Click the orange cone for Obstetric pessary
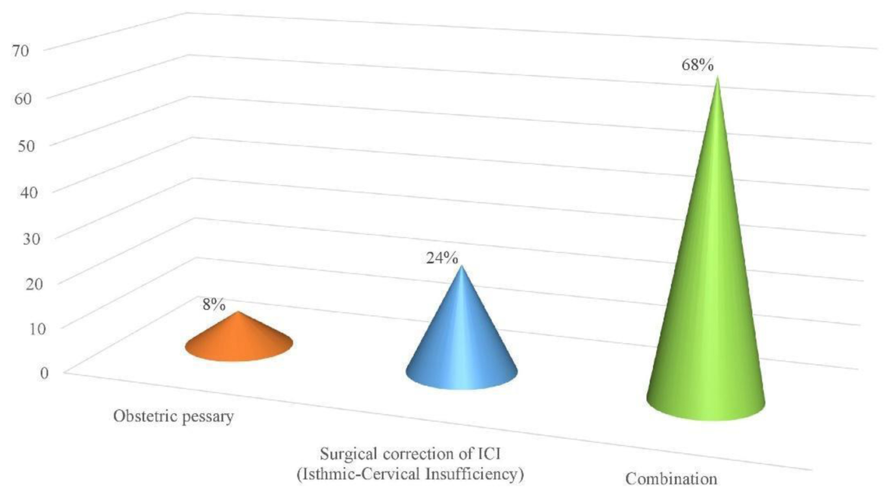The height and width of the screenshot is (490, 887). tap(239, 341)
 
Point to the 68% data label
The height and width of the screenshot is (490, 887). tap(697, 65)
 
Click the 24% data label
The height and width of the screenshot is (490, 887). tap(442, 258)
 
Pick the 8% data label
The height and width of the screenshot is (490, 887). tap(214, 304)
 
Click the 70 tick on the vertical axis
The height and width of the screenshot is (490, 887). tap(21, 51)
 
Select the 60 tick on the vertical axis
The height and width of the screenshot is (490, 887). tap(23, 99)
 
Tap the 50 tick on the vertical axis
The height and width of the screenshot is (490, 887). tap(26, 146)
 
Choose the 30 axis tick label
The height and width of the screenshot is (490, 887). tap(32, 238)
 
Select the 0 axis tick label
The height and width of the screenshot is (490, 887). tap(45, 373)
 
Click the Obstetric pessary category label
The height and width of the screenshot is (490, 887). tap(173, 416)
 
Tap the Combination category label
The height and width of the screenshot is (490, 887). tap(671, 478)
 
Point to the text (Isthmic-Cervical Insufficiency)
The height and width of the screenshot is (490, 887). tap(410, 473)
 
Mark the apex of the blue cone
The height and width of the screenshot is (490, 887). tap(462, 267)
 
